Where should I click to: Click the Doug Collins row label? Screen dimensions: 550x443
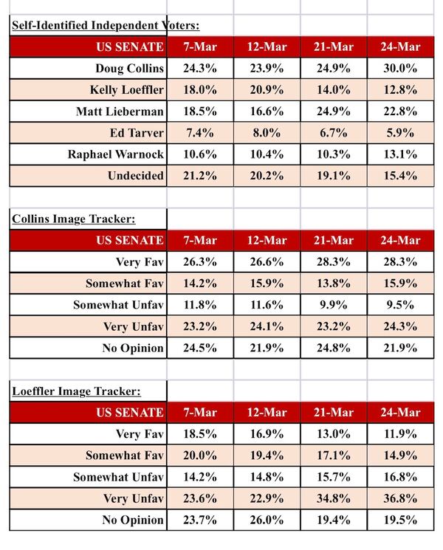[129, 69]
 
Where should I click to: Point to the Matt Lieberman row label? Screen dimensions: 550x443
[120, 112]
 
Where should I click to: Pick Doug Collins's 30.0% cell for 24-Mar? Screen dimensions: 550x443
[399, 69]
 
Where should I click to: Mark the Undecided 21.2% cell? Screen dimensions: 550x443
[199, 176]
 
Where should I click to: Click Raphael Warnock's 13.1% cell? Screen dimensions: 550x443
[399, 155]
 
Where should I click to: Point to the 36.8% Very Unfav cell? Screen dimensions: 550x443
[399, 498]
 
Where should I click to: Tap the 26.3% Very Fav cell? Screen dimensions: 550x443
[199, 262]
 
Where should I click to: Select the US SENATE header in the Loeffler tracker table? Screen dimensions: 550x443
[129, 412]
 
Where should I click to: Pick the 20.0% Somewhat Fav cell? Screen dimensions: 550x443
[199, 456]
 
